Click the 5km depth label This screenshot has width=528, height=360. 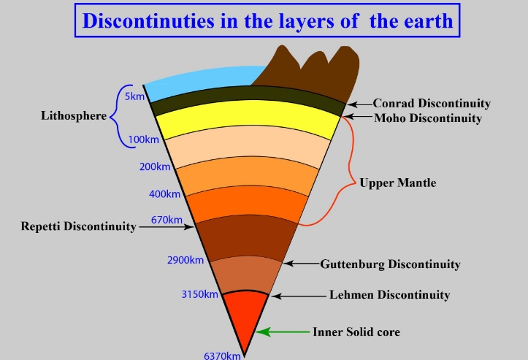[134, 97]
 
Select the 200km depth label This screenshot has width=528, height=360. [155, 166]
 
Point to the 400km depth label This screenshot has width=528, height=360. [164, 194]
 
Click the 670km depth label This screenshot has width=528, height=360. [167, 220]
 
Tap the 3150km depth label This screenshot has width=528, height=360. [200, 295]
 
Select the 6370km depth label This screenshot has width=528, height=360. [222, 356]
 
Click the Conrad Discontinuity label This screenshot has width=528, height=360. [432, 104]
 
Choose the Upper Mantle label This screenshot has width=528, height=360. [397, 183]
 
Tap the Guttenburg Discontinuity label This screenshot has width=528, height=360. [390, 264]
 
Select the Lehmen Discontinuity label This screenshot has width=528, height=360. [389, 296]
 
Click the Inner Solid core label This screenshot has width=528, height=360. [356, 332]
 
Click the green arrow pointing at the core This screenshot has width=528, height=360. [280, 332]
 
